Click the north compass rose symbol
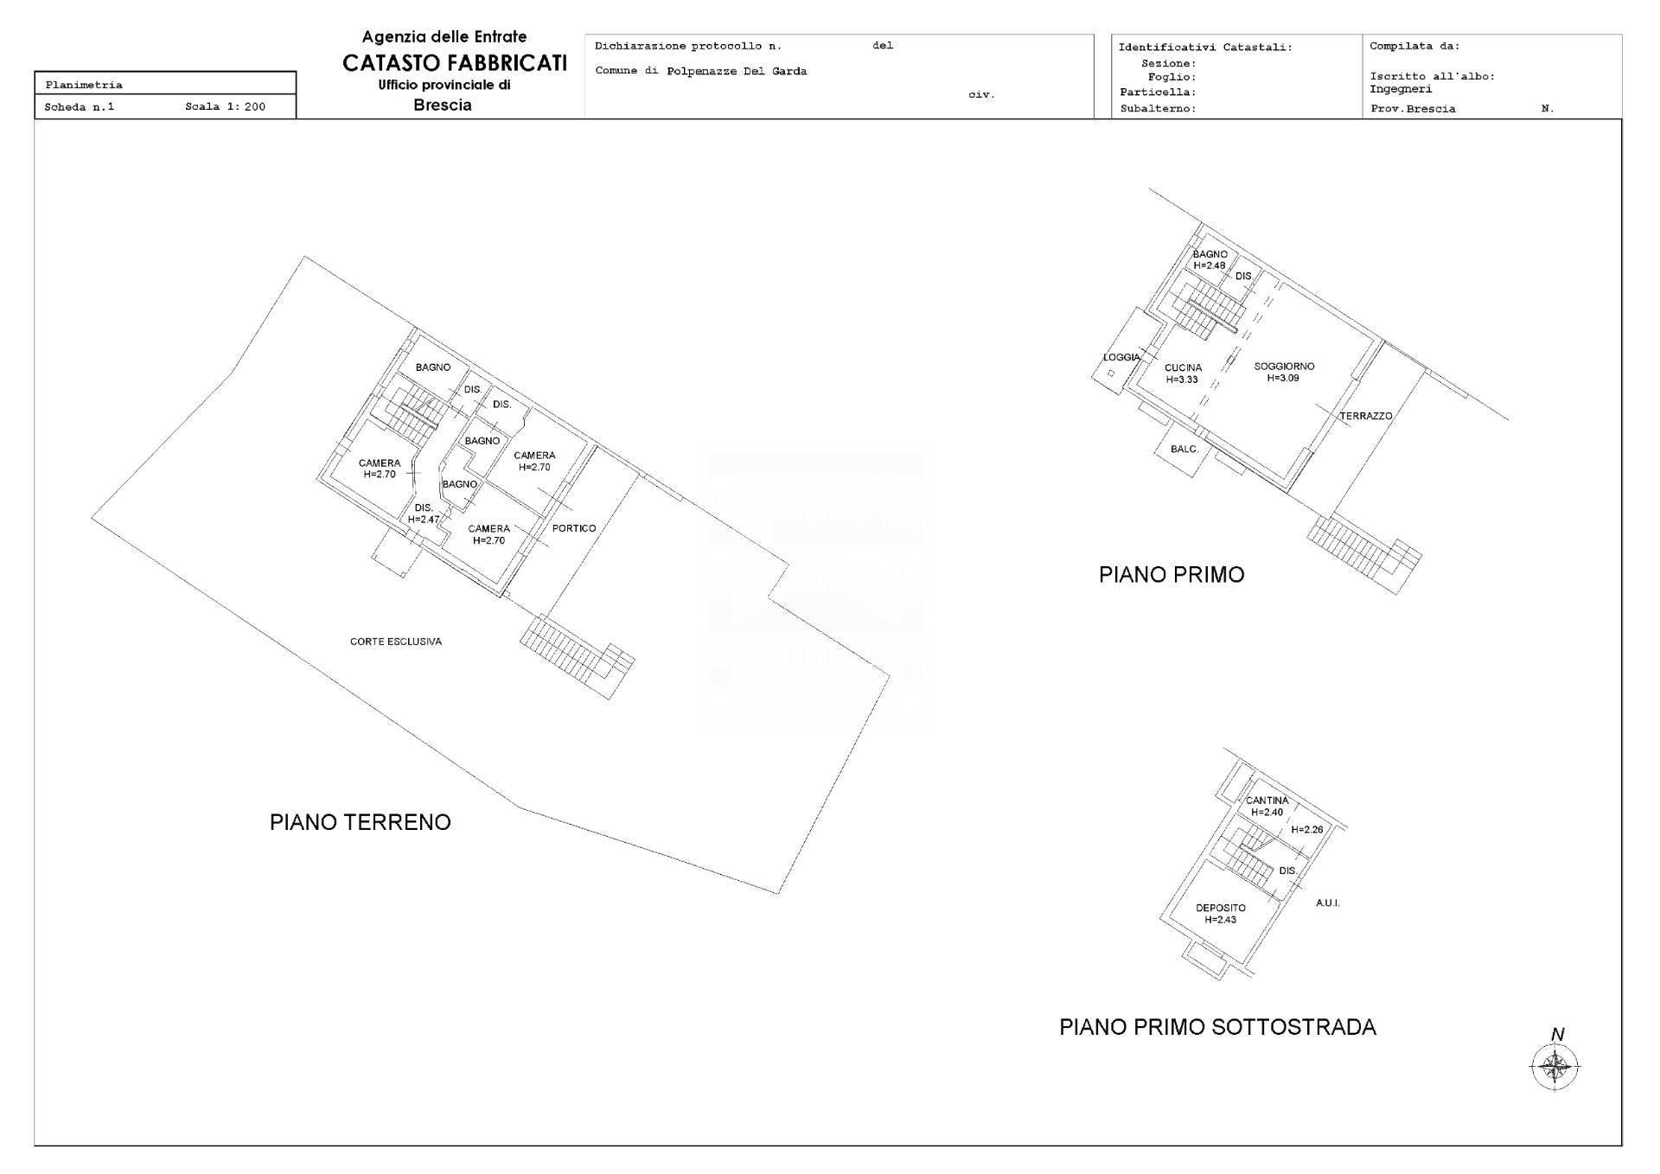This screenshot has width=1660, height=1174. (x=1555, y=1066)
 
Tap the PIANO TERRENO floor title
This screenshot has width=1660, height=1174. (x=360, y=821)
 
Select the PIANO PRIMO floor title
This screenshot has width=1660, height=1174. (x=1171, y=575)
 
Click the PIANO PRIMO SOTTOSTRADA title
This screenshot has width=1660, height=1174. (x=1217, y=1027)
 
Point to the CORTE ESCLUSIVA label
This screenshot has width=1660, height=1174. (x=395, y=641)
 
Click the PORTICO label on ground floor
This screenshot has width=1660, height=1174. (x=573, y=528)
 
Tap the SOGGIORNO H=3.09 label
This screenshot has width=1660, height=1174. (x=1284, y=373)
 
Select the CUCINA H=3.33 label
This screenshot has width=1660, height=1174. (x=1182, y=373)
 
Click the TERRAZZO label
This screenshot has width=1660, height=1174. (x=1366, y=416)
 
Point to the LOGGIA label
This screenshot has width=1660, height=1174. (x=1121, y=357)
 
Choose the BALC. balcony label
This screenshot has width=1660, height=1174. (x=1184, y=449)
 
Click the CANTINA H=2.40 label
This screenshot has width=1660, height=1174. (x=1267, y=807)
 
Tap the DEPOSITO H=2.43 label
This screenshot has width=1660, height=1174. (x=1220, y=914)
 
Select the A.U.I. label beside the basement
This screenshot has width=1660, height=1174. (x=1327, y=903)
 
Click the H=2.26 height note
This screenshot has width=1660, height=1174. (x=1306, y=830)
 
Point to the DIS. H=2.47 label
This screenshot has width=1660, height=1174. (x=424, y=514)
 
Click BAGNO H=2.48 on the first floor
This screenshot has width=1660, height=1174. (x=1210, y=259)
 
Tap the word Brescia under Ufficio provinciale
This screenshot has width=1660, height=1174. (x=442, y=105)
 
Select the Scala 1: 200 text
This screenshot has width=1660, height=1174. (x=225, y=107)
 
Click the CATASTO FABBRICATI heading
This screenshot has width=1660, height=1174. (x=454, y=62)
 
